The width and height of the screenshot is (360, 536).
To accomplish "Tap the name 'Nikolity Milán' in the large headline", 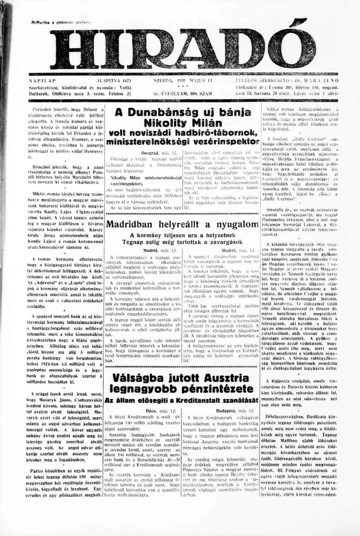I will click(x=183, y=123).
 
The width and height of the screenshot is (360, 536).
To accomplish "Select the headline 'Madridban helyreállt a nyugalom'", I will click(x=183, y=224).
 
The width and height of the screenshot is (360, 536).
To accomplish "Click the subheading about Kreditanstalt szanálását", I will click(x=183, y=400).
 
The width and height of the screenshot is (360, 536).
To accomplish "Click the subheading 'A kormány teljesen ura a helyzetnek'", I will click(x=183, y=235).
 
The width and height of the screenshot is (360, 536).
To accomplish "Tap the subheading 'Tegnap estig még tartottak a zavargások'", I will click(x=183, y=242).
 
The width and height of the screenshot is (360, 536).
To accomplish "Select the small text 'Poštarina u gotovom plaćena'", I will click(x=61, y=22).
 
